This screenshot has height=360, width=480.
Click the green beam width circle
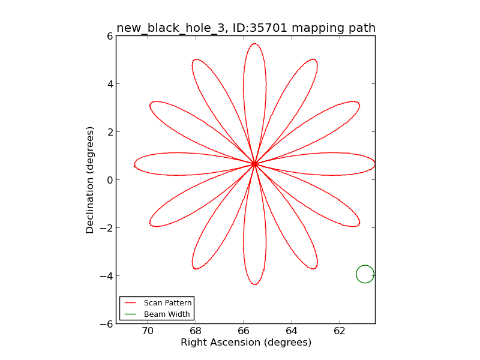coord(365,274)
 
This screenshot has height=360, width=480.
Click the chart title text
coord(246,28)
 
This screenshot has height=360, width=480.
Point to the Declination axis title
coord(91,179)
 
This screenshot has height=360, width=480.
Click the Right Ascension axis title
coord(246,343)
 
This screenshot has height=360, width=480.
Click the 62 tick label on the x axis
coord(340,331)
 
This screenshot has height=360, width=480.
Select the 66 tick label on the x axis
coord(244,331)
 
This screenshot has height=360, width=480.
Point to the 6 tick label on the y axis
coord(110,36)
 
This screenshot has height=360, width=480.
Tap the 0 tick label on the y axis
coord(110,180)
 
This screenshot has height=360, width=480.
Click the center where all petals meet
coord(254,163)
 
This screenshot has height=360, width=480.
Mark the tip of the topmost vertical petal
coord(254,44)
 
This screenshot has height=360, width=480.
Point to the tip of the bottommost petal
coord(255,284)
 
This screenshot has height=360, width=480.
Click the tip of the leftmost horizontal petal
coord(134,164)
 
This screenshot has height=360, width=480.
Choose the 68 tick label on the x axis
coord(196,331)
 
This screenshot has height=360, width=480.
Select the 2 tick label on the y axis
coord(110,132)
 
